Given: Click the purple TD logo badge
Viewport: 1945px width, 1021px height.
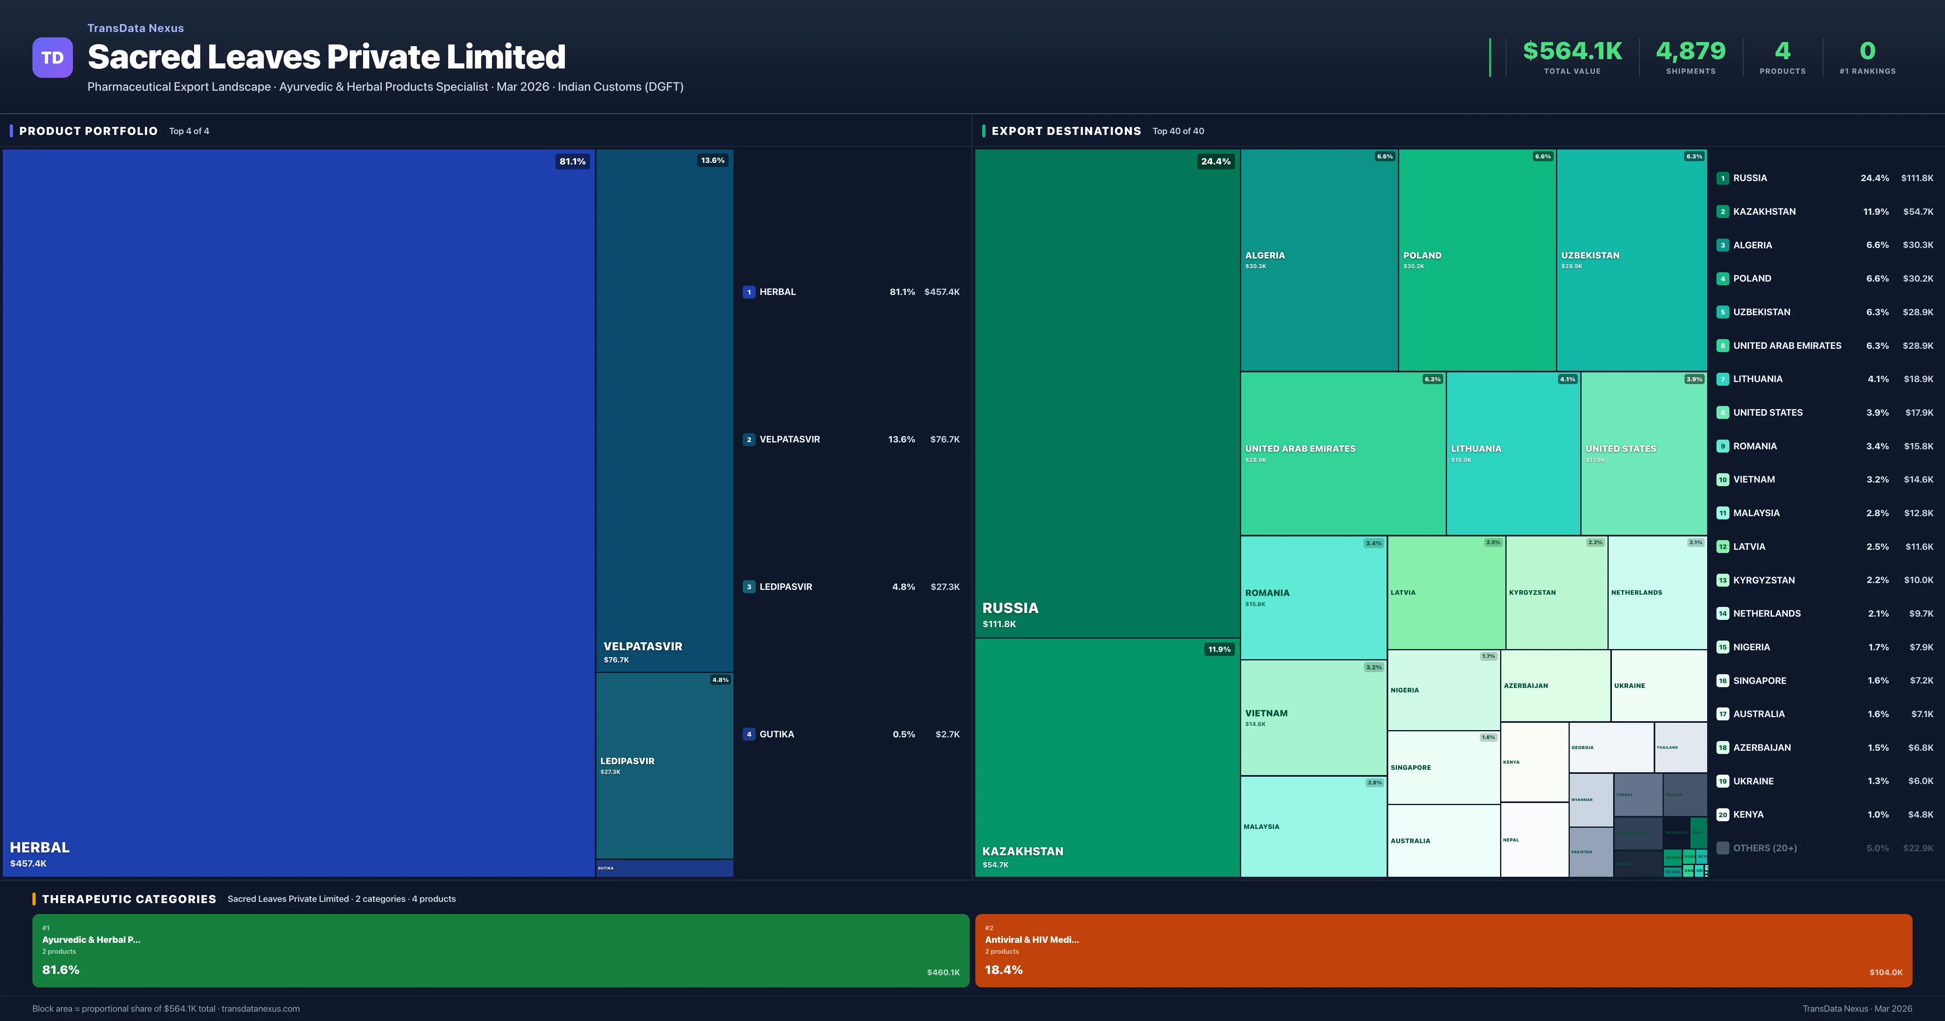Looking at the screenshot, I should tap(52, 58).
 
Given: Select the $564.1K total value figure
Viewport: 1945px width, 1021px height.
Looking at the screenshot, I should tap(1572, 51).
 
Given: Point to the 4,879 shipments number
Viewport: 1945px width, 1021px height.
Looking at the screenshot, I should tap(1691, 51).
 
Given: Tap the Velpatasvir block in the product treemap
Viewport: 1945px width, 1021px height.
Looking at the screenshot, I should tap(665, 408).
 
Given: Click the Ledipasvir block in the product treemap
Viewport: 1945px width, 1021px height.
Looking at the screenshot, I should tap(665, 764).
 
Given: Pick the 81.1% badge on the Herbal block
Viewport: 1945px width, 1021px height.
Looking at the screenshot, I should tap(572, 162).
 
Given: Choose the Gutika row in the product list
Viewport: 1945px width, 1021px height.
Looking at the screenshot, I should tap(851, 734).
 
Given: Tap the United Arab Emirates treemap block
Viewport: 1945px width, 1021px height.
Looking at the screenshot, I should tap(1342, 453).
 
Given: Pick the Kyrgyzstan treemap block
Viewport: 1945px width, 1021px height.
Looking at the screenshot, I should tap(1556, 593).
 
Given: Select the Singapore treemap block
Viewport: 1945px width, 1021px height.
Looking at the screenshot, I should tap(1443, 767).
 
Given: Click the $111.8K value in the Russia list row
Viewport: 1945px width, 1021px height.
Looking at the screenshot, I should tap(1917, 178).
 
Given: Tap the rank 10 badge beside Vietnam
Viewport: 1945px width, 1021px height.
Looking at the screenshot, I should tap(1722, 480).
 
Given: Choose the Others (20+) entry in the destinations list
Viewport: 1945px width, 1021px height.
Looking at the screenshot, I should tap(1765, 848).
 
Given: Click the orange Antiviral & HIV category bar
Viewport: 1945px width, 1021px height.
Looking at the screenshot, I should tap(1443, 950).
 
